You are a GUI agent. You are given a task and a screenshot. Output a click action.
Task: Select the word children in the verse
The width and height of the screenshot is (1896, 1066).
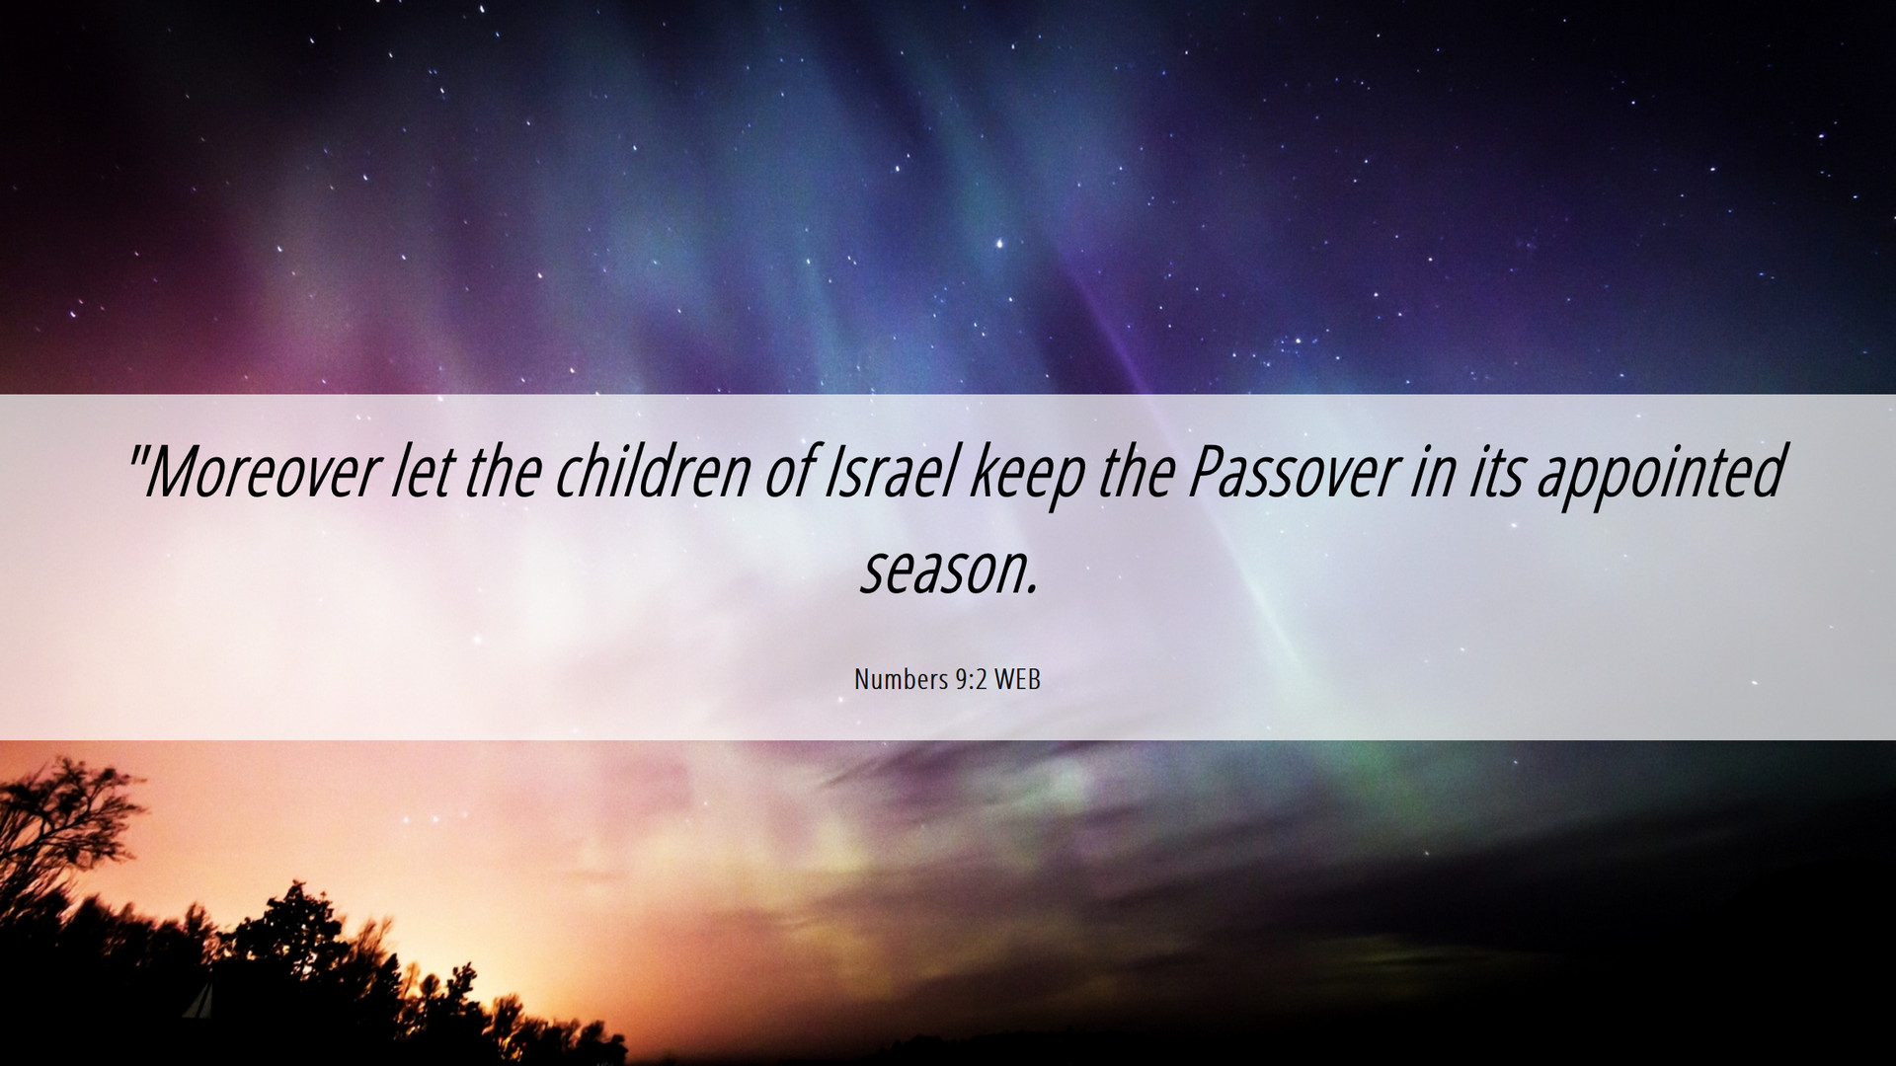pyautogui.click(x=653, y=472)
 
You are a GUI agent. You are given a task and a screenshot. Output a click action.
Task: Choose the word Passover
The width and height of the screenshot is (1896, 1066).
pyautogui.click(x=1292, y=472)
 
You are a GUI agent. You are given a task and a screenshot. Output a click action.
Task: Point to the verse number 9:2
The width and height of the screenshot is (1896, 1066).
pyautogui.click(x=971, y=679)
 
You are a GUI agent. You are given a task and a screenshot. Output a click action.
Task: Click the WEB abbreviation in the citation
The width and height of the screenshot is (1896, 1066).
pyautogui.click(x=1017, y=679)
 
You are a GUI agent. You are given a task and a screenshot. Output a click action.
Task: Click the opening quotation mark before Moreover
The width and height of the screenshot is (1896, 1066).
pyautogui.click(x=136, y=455)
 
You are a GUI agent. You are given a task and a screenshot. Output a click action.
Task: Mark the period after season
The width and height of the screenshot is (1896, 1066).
pyautogui.click(x=1032, y=591)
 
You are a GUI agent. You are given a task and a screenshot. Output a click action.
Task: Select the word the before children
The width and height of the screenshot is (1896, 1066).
pyautogui.click(x=502, y=472)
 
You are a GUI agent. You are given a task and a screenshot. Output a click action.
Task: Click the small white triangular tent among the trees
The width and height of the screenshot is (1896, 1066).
pyautogui.click(x=200, y=1002)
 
